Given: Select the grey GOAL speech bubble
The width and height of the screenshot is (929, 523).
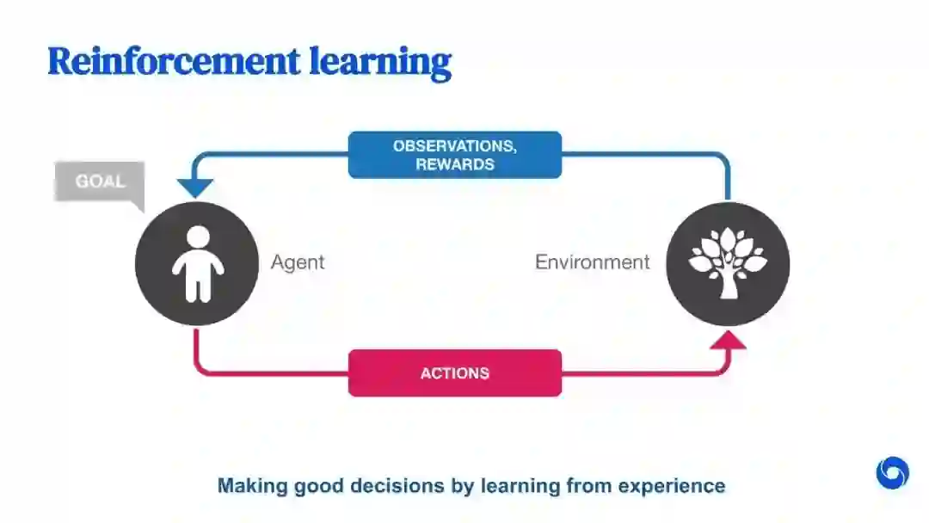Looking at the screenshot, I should click(99, 182).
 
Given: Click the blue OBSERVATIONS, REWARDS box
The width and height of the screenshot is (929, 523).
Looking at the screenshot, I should click(454, 155).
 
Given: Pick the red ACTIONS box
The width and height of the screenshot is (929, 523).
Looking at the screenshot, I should click(454, 373).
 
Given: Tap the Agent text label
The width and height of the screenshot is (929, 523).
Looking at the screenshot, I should click(298, 262).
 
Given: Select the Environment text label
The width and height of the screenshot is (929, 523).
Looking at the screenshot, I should click(592, 262).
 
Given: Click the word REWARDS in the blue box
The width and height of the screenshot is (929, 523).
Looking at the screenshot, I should click(454, 164).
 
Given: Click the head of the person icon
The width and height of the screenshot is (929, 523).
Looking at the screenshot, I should click(198, 237).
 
